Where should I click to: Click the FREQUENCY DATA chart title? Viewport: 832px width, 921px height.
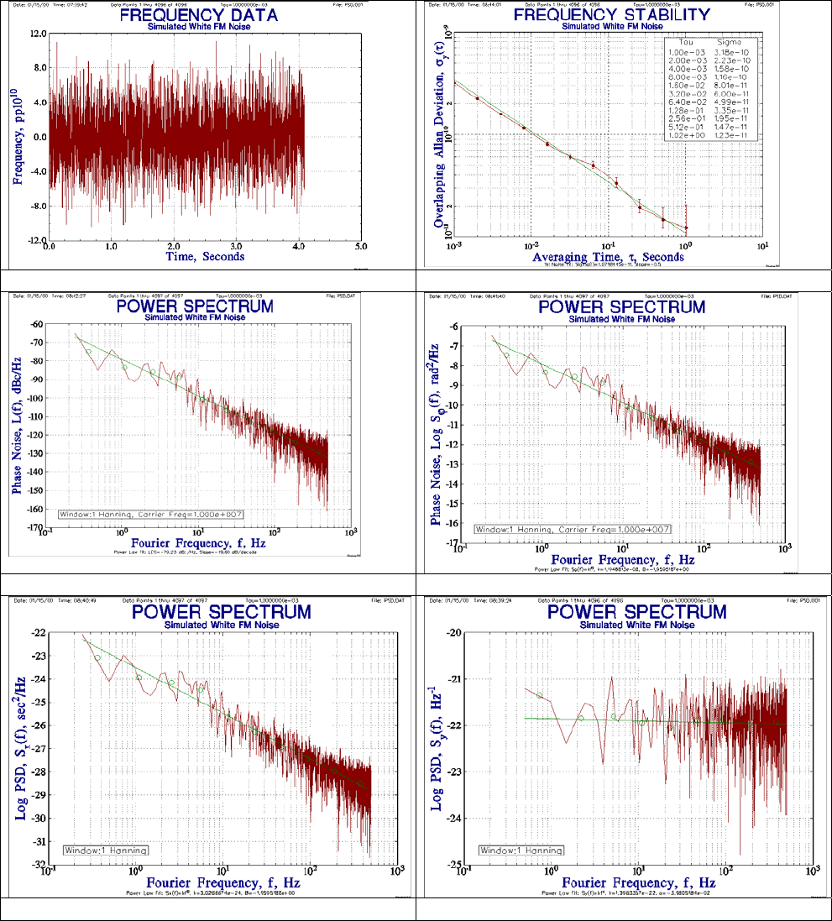[205, 14]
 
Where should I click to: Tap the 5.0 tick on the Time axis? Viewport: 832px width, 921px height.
[360, 248]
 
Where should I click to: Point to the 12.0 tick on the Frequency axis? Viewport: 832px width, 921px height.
[36, 34]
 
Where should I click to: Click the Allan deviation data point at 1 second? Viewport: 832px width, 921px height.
[686, 228]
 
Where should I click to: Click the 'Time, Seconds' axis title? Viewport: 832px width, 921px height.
[205, 257]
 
